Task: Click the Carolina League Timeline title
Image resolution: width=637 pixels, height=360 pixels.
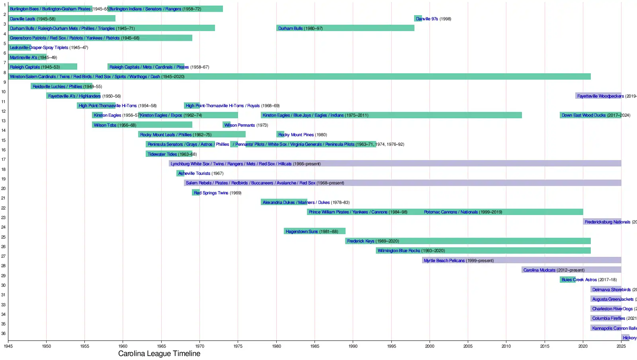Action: (159, 354)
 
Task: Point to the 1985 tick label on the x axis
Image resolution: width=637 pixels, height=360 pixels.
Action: (315, 346)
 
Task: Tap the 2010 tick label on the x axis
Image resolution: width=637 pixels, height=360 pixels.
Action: (506, 346)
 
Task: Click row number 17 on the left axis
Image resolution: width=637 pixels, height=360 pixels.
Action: (4, 160)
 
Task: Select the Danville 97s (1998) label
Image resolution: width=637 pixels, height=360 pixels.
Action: (433, 19)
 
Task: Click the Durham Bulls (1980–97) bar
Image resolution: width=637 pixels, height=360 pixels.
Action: (345, 28)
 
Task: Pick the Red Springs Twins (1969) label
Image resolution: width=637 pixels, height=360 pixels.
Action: (217, 193)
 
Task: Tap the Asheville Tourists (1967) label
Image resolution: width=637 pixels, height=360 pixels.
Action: (201, 173)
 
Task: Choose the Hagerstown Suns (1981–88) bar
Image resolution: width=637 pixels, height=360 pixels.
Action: (315, 231)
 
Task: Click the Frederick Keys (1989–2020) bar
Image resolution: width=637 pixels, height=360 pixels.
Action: (468, 241)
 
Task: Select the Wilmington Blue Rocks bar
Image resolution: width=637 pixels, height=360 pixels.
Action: (483, 250)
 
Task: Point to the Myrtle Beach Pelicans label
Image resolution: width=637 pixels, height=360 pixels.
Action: (459, 260)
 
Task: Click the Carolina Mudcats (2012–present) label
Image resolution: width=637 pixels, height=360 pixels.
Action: (554, 270)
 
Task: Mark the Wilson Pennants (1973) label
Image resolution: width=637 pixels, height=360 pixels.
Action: (246, 125)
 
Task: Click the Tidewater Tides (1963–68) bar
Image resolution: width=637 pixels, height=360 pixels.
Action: (169, 154)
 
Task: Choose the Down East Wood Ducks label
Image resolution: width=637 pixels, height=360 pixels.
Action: (596, 115)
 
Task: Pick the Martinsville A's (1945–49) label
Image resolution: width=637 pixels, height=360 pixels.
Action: (33, 57)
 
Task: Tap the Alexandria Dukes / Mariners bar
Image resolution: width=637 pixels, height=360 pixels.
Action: (284, 202)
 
